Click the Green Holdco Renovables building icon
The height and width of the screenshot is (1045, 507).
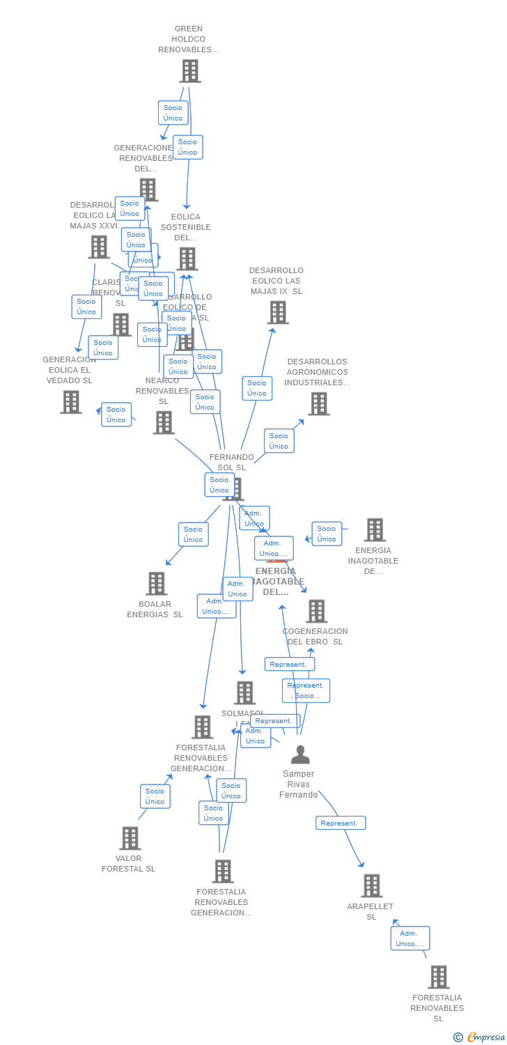[189, 71]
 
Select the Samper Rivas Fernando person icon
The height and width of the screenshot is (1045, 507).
[300, 754]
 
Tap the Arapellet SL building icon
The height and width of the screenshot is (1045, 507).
[372, 886]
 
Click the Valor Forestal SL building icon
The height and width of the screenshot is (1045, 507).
[130, 838]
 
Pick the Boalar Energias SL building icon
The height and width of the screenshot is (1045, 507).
[157, 584]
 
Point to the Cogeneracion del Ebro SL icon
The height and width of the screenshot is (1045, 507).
[316, 612]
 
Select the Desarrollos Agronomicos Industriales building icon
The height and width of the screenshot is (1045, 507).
[318, 404]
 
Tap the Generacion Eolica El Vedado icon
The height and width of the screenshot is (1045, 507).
[70, 402]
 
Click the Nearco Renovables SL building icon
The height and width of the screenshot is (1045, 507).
[164, 422]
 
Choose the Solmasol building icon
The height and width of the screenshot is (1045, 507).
[244, 693]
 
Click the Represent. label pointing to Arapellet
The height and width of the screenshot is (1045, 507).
[341, 823]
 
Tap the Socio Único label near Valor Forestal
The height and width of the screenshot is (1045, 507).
[155, 796]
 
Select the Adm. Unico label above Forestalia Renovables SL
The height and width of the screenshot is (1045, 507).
[409, 938]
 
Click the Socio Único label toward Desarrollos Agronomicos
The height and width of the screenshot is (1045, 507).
[279, 441]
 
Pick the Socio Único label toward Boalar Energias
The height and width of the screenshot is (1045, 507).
[193, 534]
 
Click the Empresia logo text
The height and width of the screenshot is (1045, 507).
[486, 1037]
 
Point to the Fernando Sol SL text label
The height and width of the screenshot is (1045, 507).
[231, 462]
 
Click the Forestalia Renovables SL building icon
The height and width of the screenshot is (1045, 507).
[438, 977]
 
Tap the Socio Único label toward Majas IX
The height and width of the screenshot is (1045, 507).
[256, 388]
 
